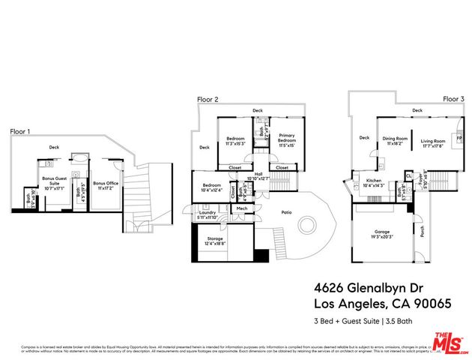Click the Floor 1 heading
click(x=20, y=131)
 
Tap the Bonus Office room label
click(x=106, y=182)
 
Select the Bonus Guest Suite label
click(x=55, y=180)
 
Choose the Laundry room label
click(x=209, y=213)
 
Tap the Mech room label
click(x=242, y=208)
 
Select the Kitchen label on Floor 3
click(x=374, y=181)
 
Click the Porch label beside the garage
click(x=422, y=234)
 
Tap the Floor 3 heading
click(x=453, y=99)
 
